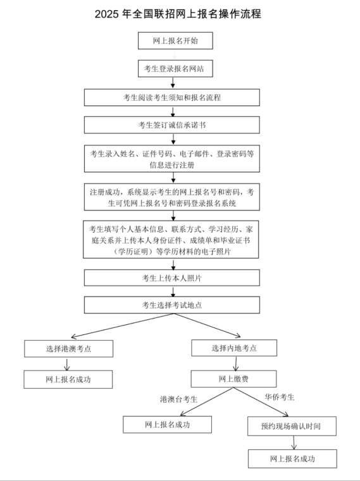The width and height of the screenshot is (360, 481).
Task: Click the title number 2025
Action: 107,14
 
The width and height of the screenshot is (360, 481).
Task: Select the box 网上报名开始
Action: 175,40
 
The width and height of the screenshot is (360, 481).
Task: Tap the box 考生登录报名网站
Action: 175,68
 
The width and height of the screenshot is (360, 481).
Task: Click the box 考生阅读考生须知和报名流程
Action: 172,97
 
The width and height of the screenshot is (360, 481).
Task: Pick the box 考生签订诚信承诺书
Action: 172,125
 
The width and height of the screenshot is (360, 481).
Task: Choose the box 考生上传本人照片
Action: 172,278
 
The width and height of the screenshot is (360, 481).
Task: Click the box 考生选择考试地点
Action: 172,305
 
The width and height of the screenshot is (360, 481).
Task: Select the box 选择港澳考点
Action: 69,348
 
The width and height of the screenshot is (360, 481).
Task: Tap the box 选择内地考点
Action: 234,348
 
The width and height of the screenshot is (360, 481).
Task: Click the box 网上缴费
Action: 233,379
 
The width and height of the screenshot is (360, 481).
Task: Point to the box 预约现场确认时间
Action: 292,426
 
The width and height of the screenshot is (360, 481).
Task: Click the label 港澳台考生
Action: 178,399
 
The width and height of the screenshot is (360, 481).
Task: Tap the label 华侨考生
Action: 280,398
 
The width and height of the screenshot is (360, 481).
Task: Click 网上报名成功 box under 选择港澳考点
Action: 68,379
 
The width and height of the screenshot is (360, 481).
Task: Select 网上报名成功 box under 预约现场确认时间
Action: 292,459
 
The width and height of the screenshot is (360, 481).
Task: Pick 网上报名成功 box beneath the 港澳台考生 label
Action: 168,425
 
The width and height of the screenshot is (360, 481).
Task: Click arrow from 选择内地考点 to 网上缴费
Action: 235,363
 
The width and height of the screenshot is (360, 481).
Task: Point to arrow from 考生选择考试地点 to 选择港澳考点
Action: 122,326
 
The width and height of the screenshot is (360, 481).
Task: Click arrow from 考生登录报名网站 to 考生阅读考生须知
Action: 173,83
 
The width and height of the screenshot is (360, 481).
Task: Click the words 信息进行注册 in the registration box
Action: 172,165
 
